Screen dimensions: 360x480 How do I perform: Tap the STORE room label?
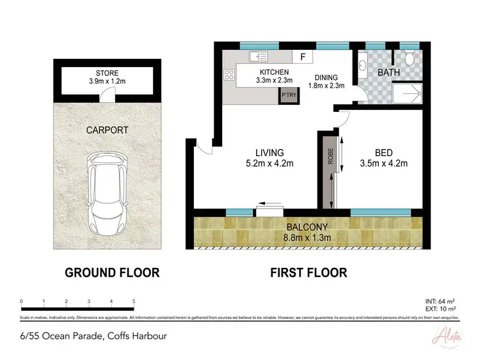(x=108, y=73)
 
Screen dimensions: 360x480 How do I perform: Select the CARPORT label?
(x=108, y=130)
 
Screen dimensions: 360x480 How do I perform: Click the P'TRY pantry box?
(x=287, y=97)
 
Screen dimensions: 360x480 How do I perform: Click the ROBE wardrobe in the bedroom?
(x=330, y=171)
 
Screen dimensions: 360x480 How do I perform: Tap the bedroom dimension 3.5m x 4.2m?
(x=383, y=164)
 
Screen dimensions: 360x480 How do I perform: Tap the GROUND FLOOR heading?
(x=112, y=273)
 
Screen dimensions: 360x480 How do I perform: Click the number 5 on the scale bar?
(x=133, y=301)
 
